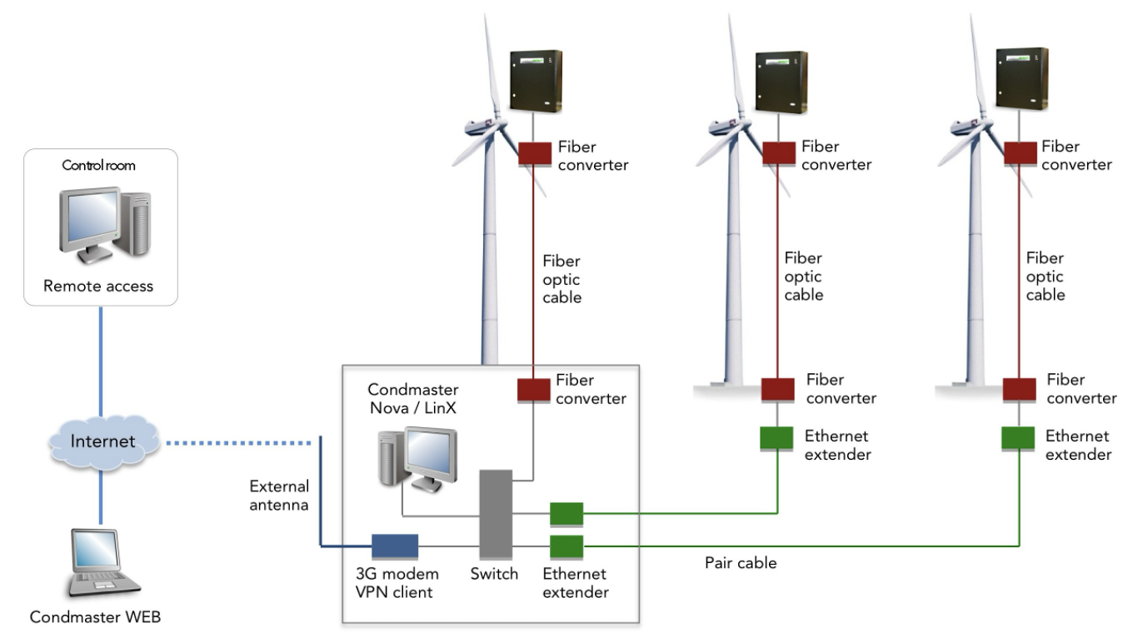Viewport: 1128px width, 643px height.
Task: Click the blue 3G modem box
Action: pyautogui.click(x=394, y=546)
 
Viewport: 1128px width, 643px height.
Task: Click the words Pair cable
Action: pyautogui.click(x=741, y=563)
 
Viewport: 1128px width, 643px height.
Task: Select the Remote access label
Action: pyautogui.click(x=98, y=286)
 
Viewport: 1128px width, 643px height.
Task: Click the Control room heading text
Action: pyautogui.click(x=98, y=165)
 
